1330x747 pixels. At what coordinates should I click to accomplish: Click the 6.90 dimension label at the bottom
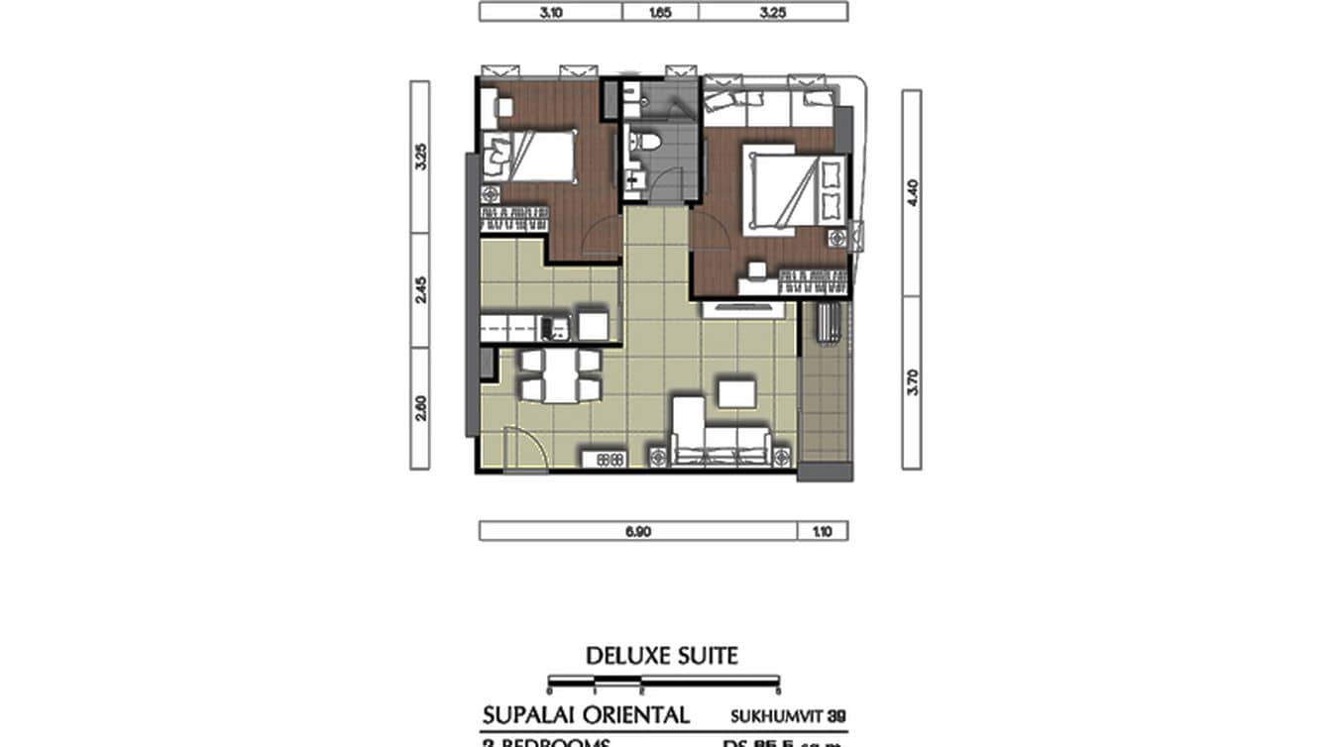pyautogui.click(x=637, y=531)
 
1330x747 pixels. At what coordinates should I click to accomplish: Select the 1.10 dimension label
pyautogui.click(x=823, y=531)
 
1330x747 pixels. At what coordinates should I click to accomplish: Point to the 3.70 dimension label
pyautogui.click(x=912, y=382)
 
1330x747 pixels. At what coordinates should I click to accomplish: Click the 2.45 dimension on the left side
pyautogui.click(x=420, y=289)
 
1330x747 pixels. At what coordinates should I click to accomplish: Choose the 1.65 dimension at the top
pyautogui.click(x=660, y=12)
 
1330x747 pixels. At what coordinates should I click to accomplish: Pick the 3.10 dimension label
pyautogui.click(x=550, y=12)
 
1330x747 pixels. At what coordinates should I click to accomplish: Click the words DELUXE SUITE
pyautogui.click(x=662, y=656)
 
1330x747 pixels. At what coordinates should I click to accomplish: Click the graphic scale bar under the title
pyautogui.click(x=662, y=682)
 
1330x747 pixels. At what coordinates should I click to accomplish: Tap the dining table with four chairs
pyautogui.click(x=561, y=375)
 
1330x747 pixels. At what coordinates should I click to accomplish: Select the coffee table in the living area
pyautogui.click(x=737, y=393)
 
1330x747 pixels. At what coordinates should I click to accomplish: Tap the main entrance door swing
pyautogui.click(x=523, y=448)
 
